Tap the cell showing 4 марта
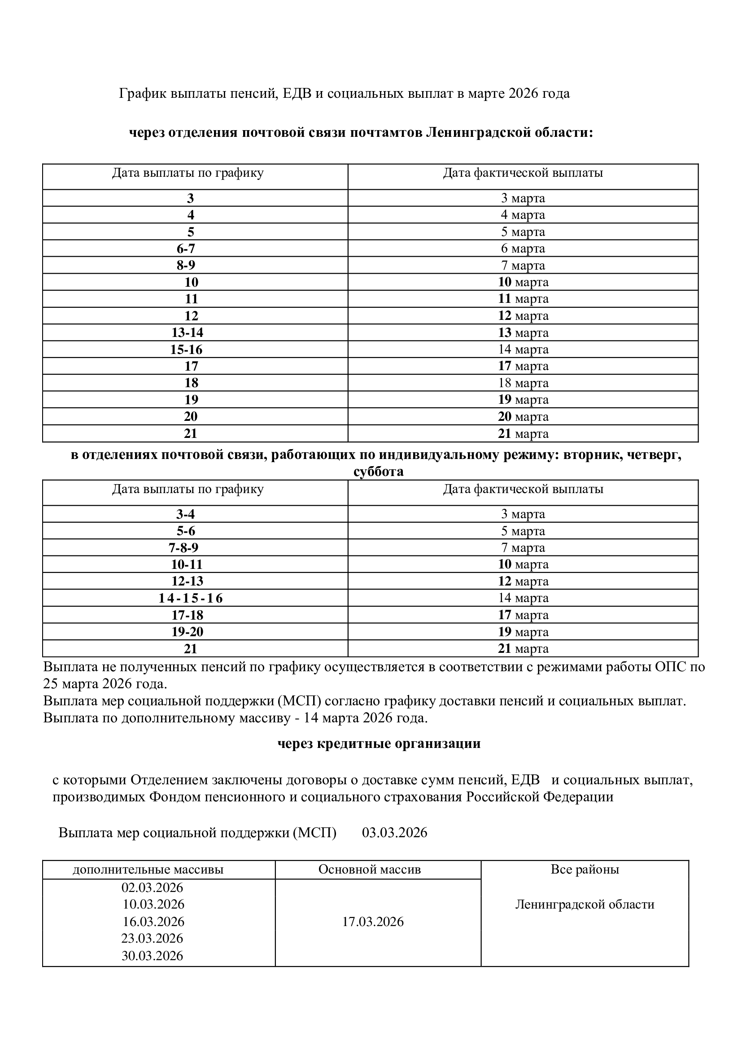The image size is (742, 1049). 523,215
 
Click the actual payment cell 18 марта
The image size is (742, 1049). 523,383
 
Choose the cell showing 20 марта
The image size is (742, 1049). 523,417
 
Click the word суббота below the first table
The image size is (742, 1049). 378,472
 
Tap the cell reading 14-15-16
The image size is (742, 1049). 191,599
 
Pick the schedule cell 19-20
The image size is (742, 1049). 187,632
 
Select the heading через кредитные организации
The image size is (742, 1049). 379,744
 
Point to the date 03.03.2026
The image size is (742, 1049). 394,832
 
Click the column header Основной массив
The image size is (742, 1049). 369,869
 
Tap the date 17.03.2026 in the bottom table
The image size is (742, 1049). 373,922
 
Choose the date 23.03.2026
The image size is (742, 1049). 152,939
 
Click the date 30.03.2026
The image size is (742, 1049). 152,956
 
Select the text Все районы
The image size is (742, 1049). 585,869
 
